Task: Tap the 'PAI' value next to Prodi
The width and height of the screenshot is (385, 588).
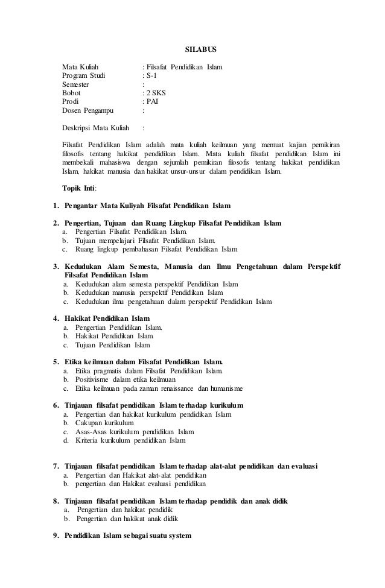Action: [x=151, y=102]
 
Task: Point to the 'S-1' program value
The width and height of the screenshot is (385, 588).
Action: [x=150, y=75]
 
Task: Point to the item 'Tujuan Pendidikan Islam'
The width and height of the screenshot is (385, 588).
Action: [x=113, y=345]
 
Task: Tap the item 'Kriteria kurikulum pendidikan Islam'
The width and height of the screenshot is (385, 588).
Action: [x=130, y=440]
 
